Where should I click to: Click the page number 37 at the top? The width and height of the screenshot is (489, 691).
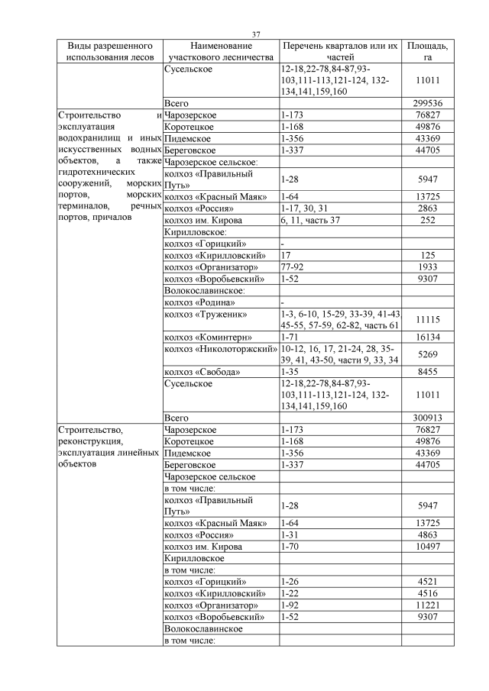tap(257, 34)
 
